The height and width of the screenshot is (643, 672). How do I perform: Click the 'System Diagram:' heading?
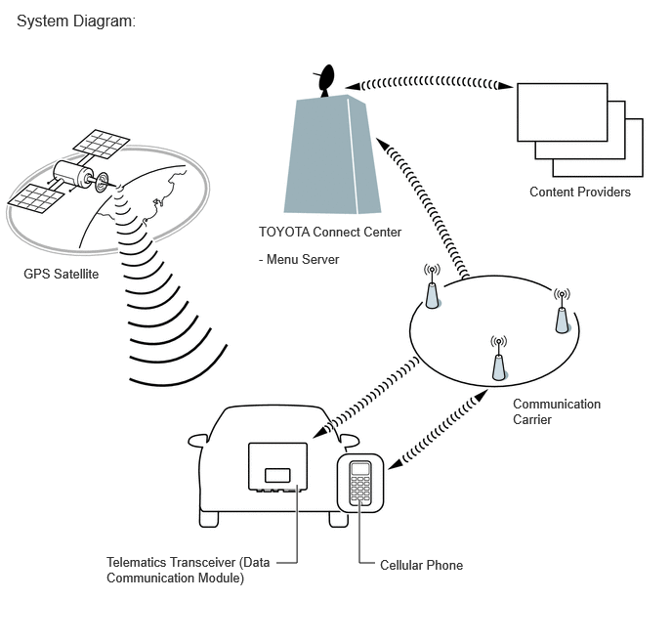pos(76,21)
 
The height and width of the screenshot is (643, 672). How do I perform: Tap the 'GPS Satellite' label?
pos(61,274)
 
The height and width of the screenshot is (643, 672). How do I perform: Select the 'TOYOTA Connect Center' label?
pos(330,232)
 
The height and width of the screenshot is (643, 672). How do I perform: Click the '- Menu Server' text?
pos(299,259)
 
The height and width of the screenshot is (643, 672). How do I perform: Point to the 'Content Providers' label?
pos(580,192)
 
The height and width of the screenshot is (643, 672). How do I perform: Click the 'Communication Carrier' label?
pos(557,411)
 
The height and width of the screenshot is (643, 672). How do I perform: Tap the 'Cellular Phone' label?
pos(421,565)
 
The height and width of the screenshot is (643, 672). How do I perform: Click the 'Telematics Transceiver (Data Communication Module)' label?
pos(189,570)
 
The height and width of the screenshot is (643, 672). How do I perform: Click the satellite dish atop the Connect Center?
pos(325,80)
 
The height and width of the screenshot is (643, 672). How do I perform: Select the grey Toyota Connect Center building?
pos(332,154)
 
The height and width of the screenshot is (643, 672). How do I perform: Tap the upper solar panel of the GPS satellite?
pos(102,144)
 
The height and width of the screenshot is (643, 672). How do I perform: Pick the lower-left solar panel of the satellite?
pos(36,198)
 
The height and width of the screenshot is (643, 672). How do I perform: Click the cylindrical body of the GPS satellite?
pos(73,174)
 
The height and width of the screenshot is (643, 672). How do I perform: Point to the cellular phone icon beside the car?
pos(360,483)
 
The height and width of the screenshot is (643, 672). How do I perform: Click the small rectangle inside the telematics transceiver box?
pos(277,475)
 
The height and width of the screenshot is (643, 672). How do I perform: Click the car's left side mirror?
pos(198,441)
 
